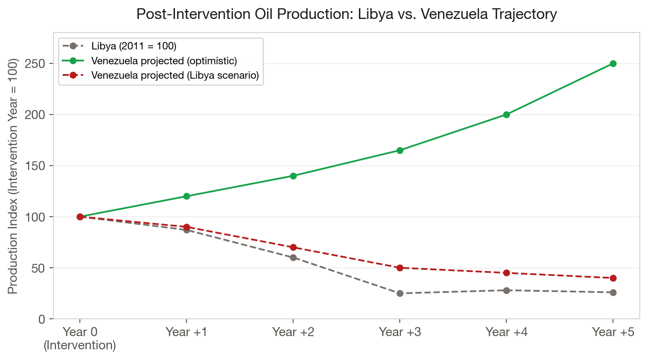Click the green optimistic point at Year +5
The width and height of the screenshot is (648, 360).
pyautogui.click(x=613, y=63)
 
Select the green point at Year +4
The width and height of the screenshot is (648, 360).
pyautogui.click(x=506, y=115)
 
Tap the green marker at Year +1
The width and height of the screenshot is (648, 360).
pyautogui.click(x=186, y=196)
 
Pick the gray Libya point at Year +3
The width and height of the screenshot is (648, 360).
pyautogui.click(x=400, y=293)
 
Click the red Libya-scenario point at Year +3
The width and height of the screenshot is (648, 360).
pyautogui.click(x=400, y=268)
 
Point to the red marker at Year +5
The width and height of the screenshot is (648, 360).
pyautogui.click(x=613, y=278)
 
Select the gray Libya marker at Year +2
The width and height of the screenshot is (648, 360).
pyautogui.click(x=293, y=257)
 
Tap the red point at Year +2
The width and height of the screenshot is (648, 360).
pyautogui.click(x=293, y=247)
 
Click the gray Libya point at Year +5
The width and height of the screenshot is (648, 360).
pyautogui.click(x=613, y=292)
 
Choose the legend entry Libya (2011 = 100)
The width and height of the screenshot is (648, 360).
pyautogui.click(x=133, y=46)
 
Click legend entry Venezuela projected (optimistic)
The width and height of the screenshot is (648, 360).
pyautogui.click(x=164, y=61)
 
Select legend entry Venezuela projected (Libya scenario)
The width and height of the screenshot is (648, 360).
pyautogui.click(x=175, y=75)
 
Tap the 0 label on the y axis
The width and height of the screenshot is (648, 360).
pyautogui.click(x=42, y=319)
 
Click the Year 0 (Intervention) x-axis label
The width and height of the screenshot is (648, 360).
pyautogui.click(x=80, y=338)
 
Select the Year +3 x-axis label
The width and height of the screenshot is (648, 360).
pyautogui.click(x=400, y=332)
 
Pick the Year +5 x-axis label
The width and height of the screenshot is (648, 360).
pyautogui.click(x=613, y=332)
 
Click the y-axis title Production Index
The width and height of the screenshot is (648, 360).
pyautogui.click(x=13, y=176)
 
